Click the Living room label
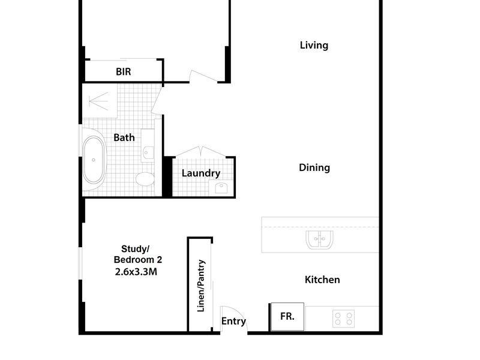(x=314, y=46)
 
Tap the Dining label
(x=314, y=167)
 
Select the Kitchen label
(x=322, y=280)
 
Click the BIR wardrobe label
(x=124, y=71)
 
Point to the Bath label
(x=124, y=137)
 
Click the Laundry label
(x=201, y=173)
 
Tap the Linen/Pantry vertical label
(x=201, y=286)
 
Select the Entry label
(x=233, y=321)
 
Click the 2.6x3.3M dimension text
(x=136, y=272)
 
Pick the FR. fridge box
(x=287, y=317)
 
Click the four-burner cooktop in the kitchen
(x=343, y=319)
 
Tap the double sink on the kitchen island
(x=319, y=239)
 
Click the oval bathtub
(x=94, y=160)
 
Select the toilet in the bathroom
(x=145, y=179)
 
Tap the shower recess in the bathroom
(x=100, y=101)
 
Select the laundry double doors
(x=200, y=152)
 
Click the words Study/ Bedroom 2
(x=137, y=254)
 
